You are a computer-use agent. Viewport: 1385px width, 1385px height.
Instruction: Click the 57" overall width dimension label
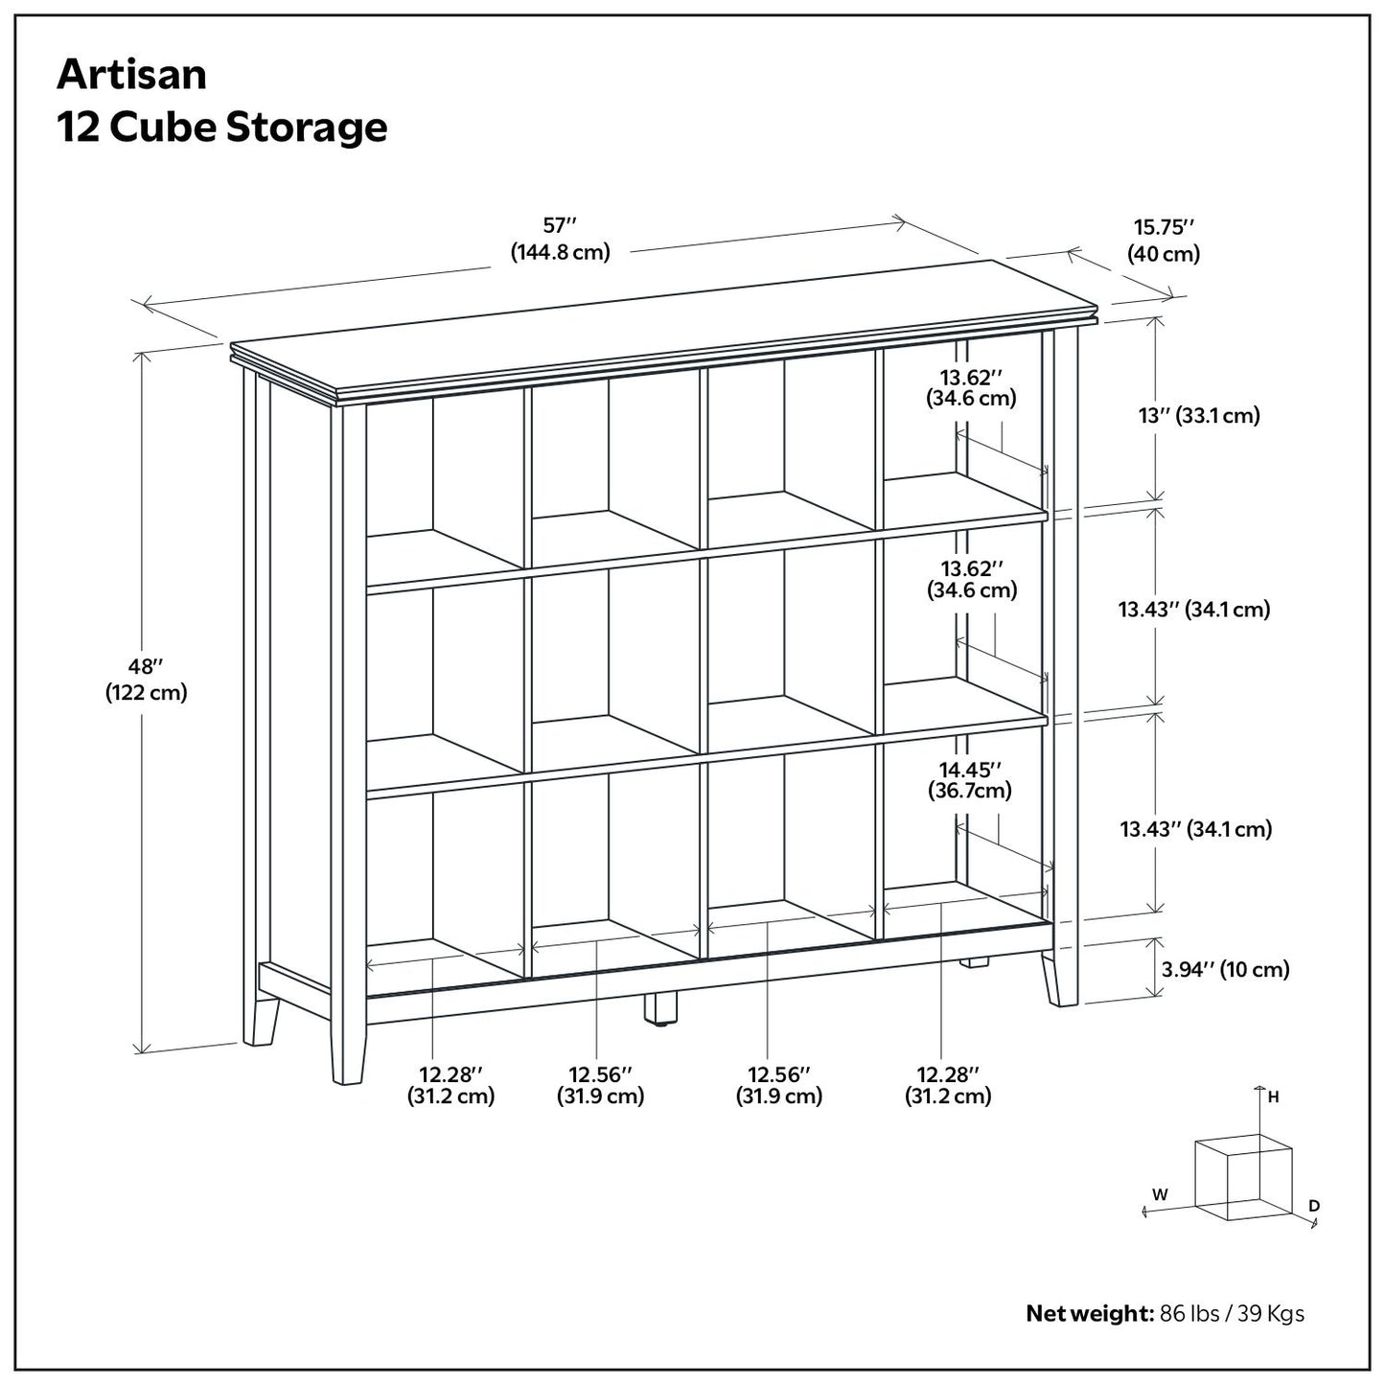560,239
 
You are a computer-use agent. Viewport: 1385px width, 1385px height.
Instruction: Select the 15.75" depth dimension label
1164,240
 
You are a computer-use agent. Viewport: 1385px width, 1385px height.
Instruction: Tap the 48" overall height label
146,679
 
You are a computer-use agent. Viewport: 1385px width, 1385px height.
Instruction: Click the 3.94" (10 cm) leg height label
1225,969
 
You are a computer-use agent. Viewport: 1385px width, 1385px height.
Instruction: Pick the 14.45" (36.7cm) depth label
970,779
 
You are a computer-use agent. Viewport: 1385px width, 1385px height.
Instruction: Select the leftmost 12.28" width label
450,1085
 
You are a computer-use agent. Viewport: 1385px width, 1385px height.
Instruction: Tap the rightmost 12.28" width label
948,1085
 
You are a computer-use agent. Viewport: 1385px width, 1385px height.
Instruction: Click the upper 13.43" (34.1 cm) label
1193,609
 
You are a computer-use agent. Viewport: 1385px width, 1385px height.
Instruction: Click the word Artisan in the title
131,75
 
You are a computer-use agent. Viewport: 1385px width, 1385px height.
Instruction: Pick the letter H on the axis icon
1273,1098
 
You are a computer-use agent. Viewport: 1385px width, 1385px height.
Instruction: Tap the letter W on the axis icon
1160,1194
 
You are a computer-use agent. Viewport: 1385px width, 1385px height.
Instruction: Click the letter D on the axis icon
1314,1205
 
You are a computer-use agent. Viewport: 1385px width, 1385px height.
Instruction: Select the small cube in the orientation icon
1243,1177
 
